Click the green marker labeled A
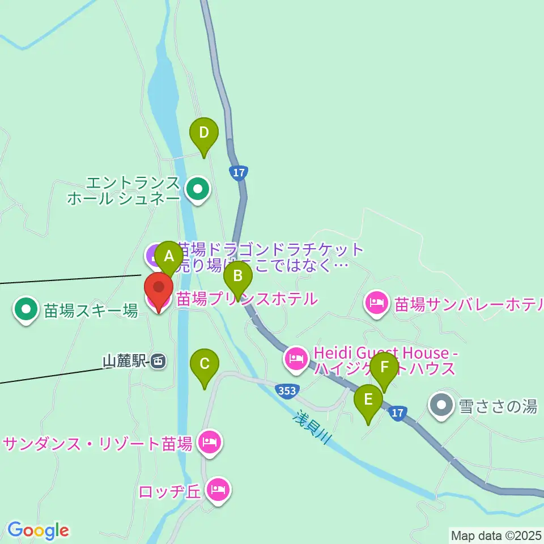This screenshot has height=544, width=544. [169, 256]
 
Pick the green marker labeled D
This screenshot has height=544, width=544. [204, 134]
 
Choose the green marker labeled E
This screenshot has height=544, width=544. [368, 400]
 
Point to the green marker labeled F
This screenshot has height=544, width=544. [385, 368]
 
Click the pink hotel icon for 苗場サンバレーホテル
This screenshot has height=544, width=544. [377, 303]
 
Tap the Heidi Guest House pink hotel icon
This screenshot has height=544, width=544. [296, 358]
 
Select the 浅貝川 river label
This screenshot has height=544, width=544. [311, 427]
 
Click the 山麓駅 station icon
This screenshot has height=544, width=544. [159, 361]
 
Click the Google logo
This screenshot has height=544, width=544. [38, 530]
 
